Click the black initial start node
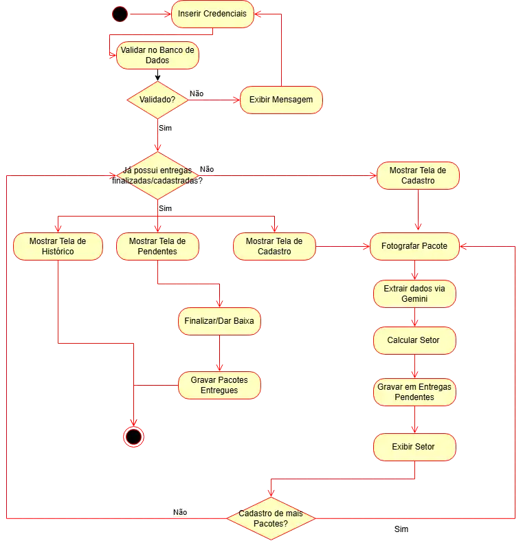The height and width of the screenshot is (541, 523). pos(120,14)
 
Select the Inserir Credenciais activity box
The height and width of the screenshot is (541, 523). pos(212,14)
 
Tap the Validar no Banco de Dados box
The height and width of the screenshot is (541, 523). pos(157,55)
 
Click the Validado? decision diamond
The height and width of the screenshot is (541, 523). pos(157,100)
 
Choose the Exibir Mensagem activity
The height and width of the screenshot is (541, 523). pos(281,100)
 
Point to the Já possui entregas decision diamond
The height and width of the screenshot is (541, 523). pos(157,175)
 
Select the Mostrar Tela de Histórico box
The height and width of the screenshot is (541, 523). pos(58,246)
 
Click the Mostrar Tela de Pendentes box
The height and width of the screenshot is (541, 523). pos(157,246)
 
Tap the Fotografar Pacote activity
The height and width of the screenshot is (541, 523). pos(414,246)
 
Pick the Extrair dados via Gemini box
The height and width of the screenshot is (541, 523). pos(414,294)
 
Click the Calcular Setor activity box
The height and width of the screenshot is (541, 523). pos(414,340)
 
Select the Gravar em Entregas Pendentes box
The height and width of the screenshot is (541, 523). pos(414,393)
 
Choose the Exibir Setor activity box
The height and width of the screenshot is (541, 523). pos(414,447)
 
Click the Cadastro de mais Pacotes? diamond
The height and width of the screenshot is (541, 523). pos(271,518)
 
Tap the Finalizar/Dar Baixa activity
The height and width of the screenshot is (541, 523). pos(219,321)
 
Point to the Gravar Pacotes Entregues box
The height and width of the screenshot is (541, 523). pos(219,386)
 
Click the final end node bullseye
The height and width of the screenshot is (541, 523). pos(133,437)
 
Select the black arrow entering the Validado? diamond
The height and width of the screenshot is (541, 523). pos(157,75)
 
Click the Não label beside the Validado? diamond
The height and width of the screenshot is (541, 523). pos(197,93)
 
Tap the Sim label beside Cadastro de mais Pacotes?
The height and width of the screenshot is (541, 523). pos(401,529)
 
